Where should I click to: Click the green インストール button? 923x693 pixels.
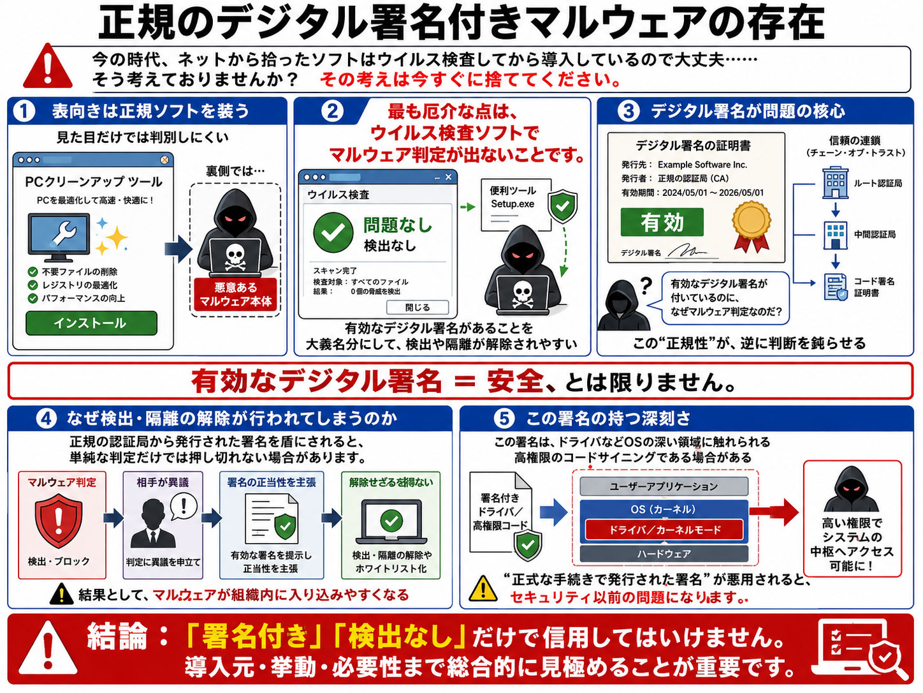[x=91, y=323]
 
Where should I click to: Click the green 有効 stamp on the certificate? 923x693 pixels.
[x=662, y=222]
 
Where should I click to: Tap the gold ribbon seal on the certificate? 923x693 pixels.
[x=752, y=227]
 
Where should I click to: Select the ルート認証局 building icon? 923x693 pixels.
[x=835, y=183]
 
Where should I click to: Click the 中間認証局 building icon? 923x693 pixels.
[x=835, y=235]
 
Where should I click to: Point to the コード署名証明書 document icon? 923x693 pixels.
[x=836, y=287]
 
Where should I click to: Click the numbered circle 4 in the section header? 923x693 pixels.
[x=47, y=419]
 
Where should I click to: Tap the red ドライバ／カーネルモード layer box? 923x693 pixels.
[x=664, y=530]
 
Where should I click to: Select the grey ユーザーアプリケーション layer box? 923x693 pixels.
[x=664, y=486]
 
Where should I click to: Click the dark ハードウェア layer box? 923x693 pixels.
[x=664, y=554]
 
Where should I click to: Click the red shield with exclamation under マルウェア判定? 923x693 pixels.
[x=59, y=521]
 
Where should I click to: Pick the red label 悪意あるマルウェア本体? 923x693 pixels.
[x=235, y=294]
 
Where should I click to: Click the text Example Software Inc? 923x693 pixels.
[x=702, y=165]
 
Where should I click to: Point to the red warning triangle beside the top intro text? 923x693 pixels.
[x=48, y=66]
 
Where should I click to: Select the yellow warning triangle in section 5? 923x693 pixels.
[x=483, y=588]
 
